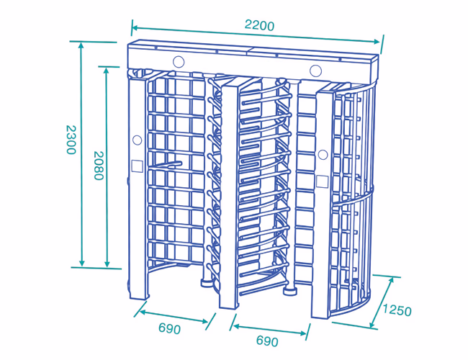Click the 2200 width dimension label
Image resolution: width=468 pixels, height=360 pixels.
(259, 25)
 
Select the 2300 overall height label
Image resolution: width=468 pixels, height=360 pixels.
(71, 140)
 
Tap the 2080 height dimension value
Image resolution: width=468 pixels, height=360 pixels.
(99, 166)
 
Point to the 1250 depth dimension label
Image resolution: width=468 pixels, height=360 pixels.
(397, 310)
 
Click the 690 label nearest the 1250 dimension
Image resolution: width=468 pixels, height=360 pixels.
(267, 341)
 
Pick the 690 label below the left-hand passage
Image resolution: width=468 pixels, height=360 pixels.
(169, 328)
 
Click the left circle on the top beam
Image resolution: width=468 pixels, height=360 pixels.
(179, 62)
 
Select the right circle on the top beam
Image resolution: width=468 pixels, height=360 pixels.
(315, 71)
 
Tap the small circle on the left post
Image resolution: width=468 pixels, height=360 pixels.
(137, 140)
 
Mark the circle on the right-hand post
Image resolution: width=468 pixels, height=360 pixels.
(323, 155)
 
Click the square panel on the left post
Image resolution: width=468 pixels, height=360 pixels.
(137, 166)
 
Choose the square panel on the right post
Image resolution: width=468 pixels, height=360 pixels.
(323, 181)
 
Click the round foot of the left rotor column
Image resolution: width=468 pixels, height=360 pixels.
(207, 282)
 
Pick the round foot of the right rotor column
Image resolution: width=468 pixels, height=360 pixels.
(289, 290)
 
